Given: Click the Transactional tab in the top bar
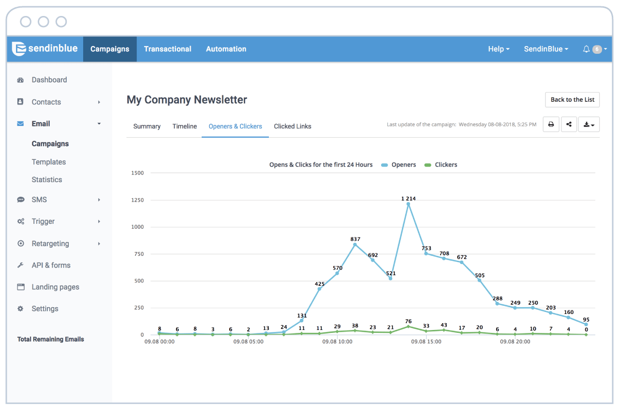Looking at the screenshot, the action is pyautogui.click(x=167, y=49).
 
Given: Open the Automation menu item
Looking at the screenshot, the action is pyautogui.click(x=226, y=49).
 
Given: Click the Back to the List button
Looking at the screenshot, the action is pyautogui.click(x=572, y=100).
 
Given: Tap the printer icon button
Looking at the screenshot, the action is pyautogui.click(x=551, y=125).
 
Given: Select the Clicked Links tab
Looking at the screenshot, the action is pyautogui.click(x=293, y=126).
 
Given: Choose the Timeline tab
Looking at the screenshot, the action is pyautogui.click(x=185, y=126).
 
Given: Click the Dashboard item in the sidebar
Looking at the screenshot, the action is pyautogui.click(x=49, y=80).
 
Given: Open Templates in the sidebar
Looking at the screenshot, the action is pyautogui.click(x=49, y=162).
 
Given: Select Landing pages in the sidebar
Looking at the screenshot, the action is pyautogui.click(x=55, y=287).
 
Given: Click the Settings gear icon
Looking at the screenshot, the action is pyautogui.click(x=20, y=309).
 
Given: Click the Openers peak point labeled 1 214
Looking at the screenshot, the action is pyautogui.click(x=408, y=204).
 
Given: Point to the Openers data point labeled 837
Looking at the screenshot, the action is pyautogui.click(x=355, y=245).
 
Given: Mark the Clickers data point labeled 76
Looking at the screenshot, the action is pyautogui.click(x=408, y=327).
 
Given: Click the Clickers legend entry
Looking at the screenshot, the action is pyautogui.click(x=441, y=165).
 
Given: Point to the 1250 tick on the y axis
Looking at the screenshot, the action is pyautogui.click(x=137, y=200).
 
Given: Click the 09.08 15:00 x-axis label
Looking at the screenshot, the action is pyautogui.click(x=426, y=342).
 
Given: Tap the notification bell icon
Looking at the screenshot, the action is pyautogui.click(x=586, y=49).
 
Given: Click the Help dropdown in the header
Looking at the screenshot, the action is pyautogui.click(x=499, y=49).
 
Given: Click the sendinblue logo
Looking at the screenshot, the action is pyautogui.click(x=45, y=49).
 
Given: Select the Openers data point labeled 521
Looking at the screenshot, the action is pyautogui.click(x=390, y=279).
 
